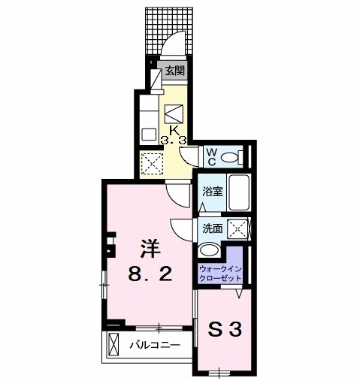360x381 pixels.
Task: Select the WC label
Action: coord(212,156)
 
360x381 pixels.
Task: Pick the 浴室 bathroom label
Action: coord(211,192)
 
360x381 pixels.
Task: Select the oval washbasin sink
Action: coord(210,251)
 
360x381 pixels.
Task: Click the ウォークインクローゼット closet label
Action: coord(220,273)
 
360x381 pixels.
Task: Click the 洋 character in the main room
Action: coord(147,248)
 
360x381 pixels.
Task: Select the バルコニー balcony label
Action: coord(153,346)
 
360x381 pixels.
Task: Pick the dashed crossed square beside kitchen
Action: coord(153,162)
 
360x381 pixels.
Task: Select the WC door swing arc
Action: coord(189,156)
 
